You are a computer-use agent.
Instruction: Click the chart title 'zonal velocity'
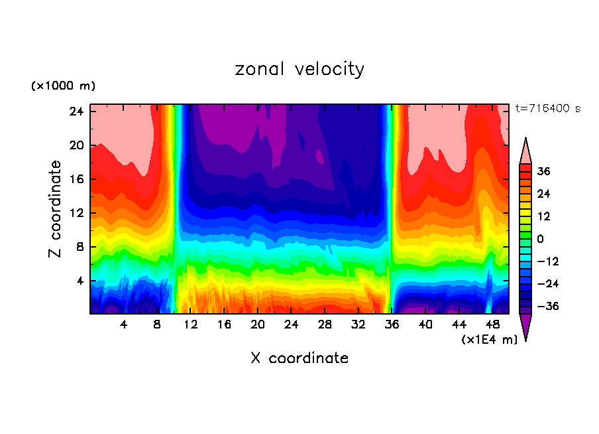[x=299, y=69]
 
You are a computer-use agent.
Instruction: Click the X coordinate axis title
[x=299, y=358]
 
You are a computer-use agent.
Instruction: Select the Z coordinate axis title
[x=56, y=209]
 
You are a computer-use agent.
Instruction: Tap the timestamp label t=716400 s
[x=547, y=108]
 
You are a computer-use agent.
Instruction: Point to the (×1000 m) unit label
[x=63, y=86]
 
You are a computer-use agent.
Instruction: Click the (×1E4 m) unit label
[x=489, y=340]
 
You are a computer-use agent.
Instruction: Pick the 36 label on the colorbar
[x=543, y=171]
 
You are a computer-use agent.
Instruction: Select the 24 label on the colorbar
[x=543, y=194]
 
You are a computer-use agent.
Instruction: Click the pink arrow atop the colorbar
[x=525, y=151]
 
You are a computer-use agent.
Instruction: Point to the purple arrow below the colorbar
[x=525, y=327]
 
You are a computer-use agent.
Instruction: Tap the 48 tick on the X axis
[x=492, y=325]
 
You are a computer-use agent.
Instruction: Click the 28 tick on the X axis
[x=325, y=325]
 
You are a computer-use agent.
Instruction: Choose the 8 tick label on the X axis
[x=157, y=325]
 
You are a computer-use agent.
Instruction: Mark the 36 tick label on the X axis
[x=392, y=325]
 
